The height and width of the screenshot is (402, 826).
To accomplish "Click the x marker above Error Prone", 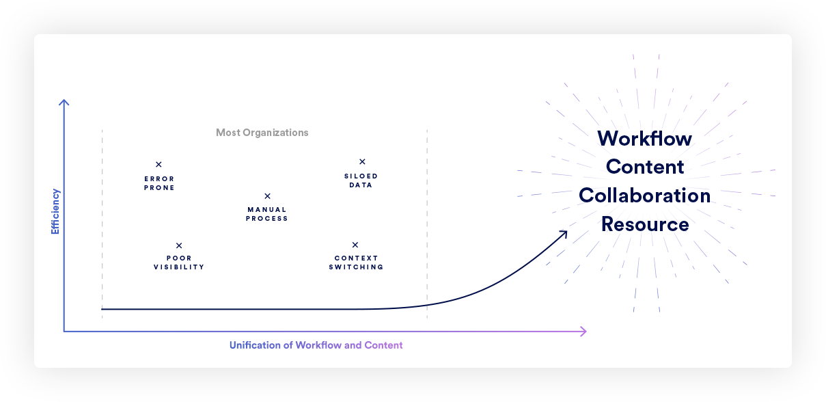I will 159,164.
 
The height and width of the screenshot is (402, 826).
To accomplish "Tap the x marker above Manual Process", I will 267,196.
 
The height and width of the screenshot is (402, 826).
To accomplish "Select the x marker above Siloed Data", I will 362,162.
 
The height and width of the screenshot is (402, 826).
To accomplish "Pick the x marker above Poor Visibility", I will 179,245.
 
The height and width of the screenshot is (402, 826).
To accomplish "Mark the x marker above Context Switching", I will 355,245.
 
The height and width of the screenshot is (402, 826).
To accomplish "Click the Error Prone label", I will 159,183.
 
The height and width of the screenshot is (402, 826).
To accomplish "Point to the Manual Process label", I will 267,215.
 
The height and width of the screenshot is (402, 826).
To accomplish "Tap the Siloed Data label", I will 361,180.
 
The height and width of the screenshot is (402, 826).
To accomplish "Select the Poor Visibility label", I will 179,263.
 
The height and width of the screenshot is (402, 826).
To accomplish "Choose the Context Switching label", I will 356,263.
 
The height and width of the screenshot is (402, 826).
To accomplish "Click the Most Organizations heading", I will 262,133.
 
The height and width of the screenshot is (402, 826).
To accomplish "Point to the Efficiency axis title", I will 55,212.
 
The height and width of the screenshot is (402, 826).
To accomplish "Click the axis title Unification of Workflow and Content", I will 316,345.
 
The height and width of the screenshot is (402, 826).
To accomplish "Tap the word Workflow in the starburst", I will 644,139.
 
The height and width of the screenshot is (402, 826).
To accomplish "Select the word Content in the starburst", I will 645,167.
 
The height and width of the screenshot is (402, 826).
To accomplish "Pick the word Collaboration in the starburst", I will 644,196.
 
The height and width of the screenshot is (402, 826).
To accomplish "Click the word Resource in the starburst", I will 645,224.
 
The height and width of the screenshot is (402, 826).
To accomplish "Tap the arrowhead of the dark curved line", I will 564,234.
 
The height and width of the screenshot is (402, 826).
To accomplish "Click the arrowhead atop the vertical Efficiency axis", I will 64,103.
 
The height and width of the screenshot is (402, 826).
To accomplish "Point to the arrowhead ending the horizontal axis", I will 583,332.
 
